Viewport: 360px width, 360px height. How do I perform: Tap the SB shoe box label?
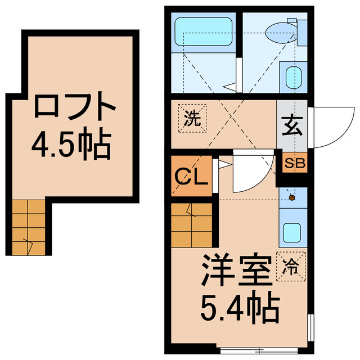294,164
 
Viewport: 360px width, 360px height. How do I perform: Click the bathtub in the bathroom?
203,30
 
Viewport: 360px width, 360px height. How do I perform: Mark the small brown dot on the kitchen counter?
292,197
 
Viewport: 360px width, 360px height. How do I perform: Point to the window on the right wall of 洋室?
310,326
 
